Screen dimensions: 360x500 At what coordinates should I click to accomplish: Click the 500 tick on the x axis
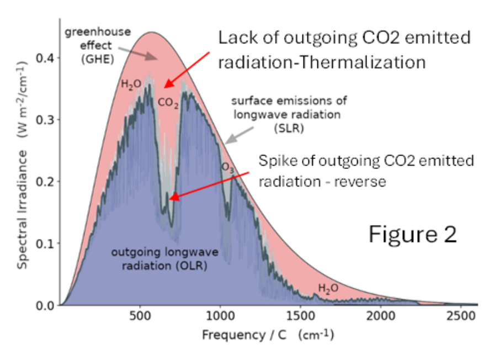(140, 318)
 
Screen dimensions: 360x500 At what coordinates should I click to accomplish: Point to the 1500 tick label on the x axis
(300, 318)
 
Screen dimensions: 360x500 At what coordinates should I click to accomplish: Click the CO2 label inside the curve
(168, 103)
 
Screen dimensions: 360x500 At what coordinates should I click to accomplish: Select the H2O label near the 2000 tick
(328, 288)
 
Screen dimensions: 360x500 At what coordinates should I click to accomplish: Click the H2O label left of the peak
(131, 84)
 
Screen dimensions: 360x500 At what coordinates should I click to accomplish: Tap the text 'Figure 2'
(413, 234)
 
